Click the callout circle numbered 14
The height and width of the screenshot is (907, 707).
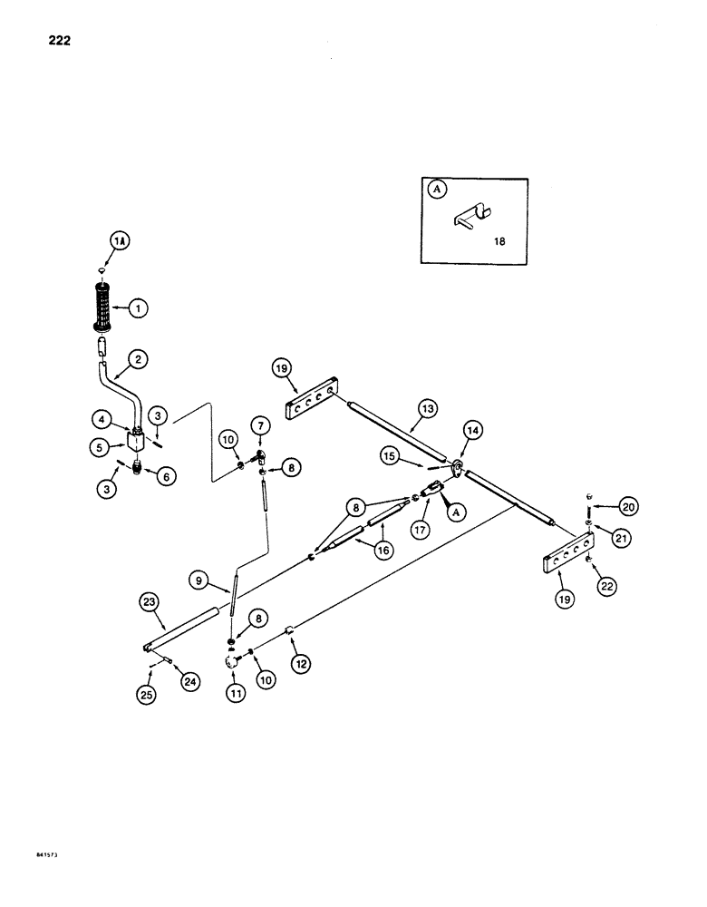pyautogui.click(x=471, y=430)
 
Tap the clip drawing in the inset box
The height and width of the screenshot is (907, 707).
pyautogui.click(x=470, y=219)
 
